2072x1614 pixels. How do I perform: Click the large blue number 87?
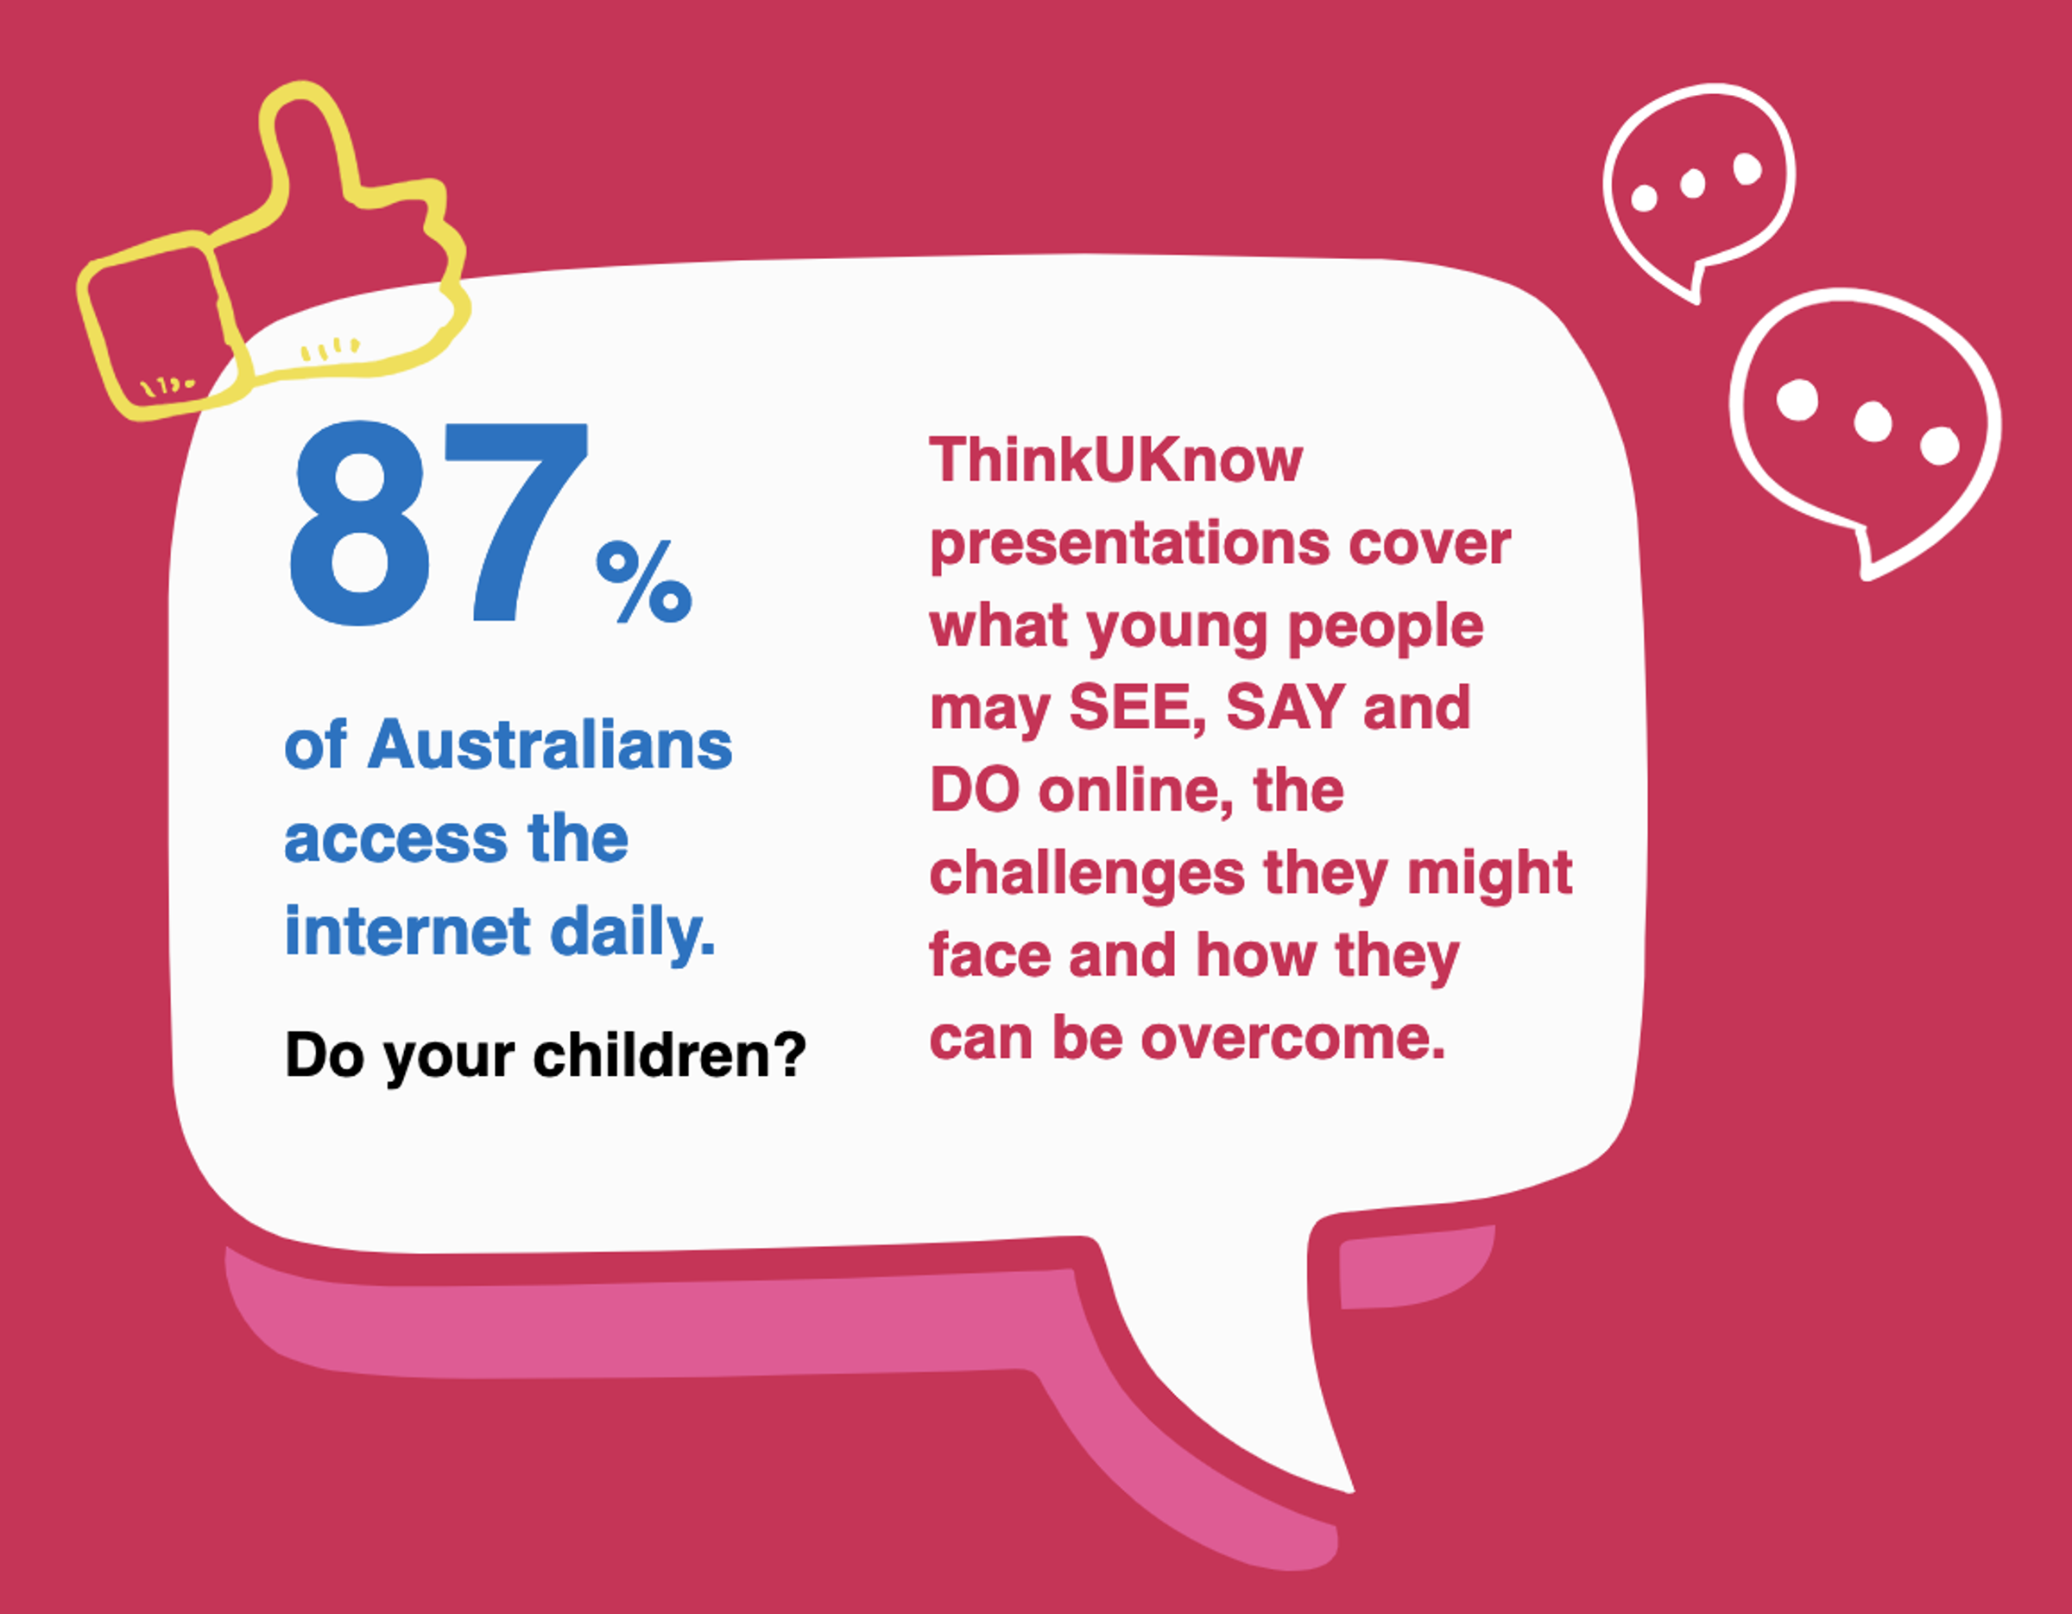tap(439, 524)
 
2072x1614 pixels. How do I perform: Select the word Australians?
tap(550, 745)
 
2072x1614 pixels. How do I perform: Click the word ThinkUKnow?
tap(1115, 460)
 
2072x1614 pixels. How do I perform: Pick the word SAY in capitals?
tap(1286, 707)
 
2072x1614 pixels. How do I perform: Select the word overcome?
tap(1293, 1038)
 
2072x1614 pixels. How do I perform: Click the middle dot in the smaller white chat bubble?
tap(1692, 184)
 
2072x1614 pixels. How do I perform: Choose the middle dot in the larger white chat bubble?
tap(1873, 421)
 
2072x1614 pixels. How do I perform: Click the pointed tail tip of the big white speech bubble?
tap(1351, 1491)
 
